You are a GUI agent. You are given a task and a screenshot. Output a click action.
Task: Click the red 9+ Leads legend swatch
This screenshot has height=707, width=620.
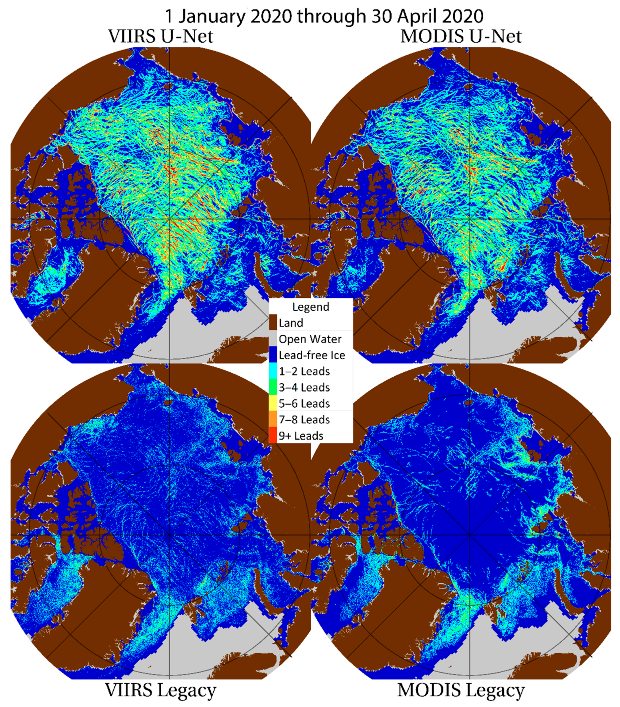coord(273,435)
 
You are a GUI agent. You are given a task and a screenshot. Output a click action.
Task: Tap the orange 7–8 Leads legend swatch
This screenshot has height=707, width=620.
coord(273,419)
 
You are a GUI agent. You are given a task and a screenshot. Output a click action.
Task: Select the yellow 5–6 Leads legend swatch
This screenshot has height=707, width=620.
coord(273,403)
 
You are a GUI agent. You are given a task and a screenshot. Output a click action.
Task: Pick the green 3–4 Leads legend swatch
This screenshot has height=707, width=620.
coord(273,387)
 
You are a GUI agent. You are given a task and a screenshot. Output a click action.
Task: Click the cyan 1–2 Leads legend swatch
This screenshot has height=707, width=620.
coord(273,371)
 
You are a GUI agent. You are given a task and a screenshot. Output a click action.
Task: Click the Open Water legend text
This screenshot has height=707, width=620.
coord(310,339)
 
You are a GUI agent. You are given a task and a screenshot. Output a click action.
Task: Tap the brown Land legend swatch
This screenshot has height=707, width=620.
coord(273,323)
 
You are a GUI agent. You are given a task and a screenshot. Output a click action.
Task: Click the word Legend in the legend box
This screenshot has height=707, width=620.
coord(311,307)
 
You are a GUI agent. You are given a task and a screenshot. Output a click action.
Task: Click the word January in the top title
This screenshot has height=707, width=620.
coord(212,16)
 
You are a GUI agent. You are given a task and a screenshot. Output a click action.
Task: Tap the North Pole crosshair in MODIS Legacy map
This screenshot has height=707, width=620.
coord(470,535)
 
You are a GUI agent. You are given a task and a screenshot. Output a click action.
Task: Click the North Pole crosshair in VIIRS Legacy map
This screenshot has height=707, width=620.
coord(169,535)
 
